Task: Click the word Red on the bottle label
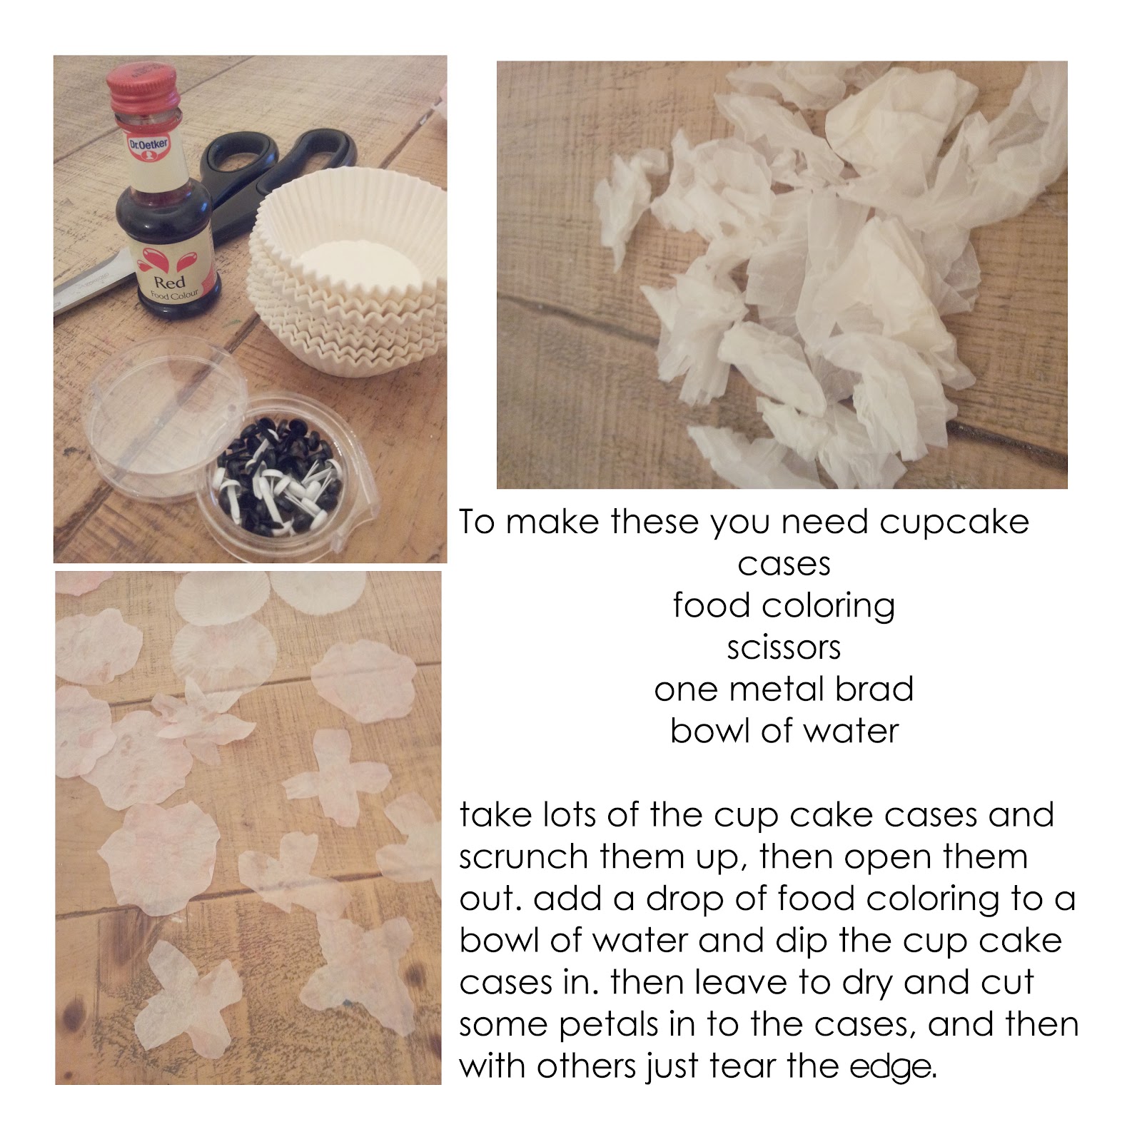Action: coord(169,282)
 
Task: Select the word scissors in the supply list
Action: coord(784,648)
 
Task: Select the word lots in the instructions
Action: coord(570,814)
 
